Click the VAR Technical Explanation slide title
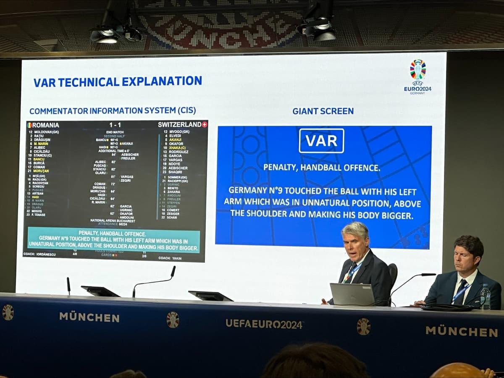[118, 81]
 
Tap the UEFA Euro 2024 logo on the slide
[417, 76]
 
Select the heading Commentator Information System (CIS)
[113, 111]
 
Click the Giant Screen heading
[323, 111]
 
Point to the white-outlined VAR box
[321, 141]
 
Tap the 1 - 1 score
[115, 125]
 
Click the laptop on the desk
[352, 294]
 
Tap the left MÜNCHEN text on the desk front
[89, 317]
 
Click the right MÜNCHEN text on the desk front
[461, 331]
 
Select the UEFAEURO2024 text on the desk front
[264, 323]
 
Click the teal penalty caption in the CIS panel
[113, 241]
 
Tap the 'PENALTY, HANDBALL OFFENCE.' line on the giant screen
[321, 167]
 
